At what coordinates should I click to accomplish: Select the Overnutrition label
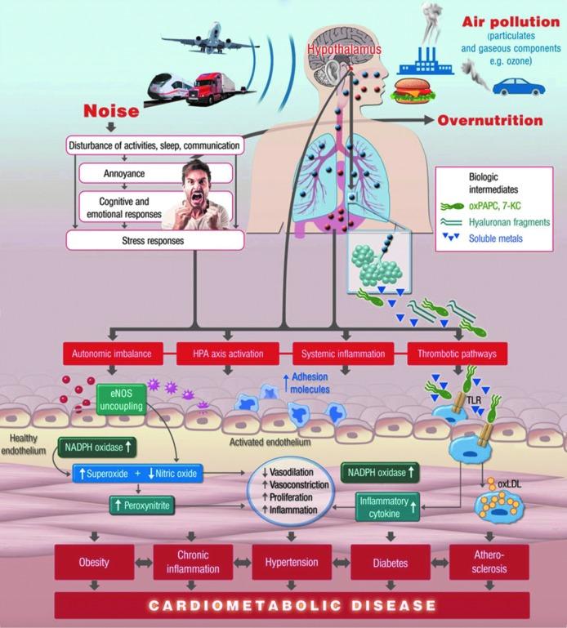tap(489, 121)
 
